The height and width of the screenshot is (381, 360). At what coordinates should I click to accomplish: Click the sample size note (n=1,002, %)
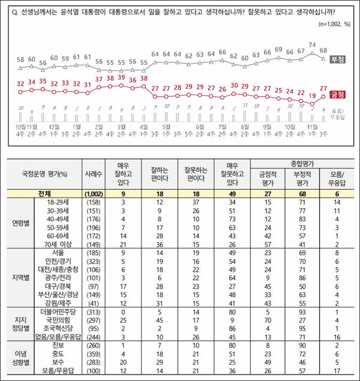(334, 25)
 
